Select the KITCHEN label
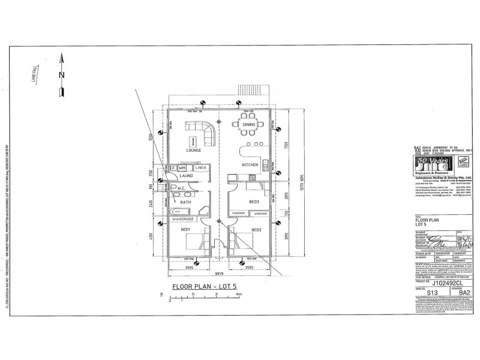(250, 164)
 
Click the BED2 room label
(256, 230)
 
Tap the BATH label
(179, 203)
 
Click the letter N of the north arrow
(61, 74)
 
